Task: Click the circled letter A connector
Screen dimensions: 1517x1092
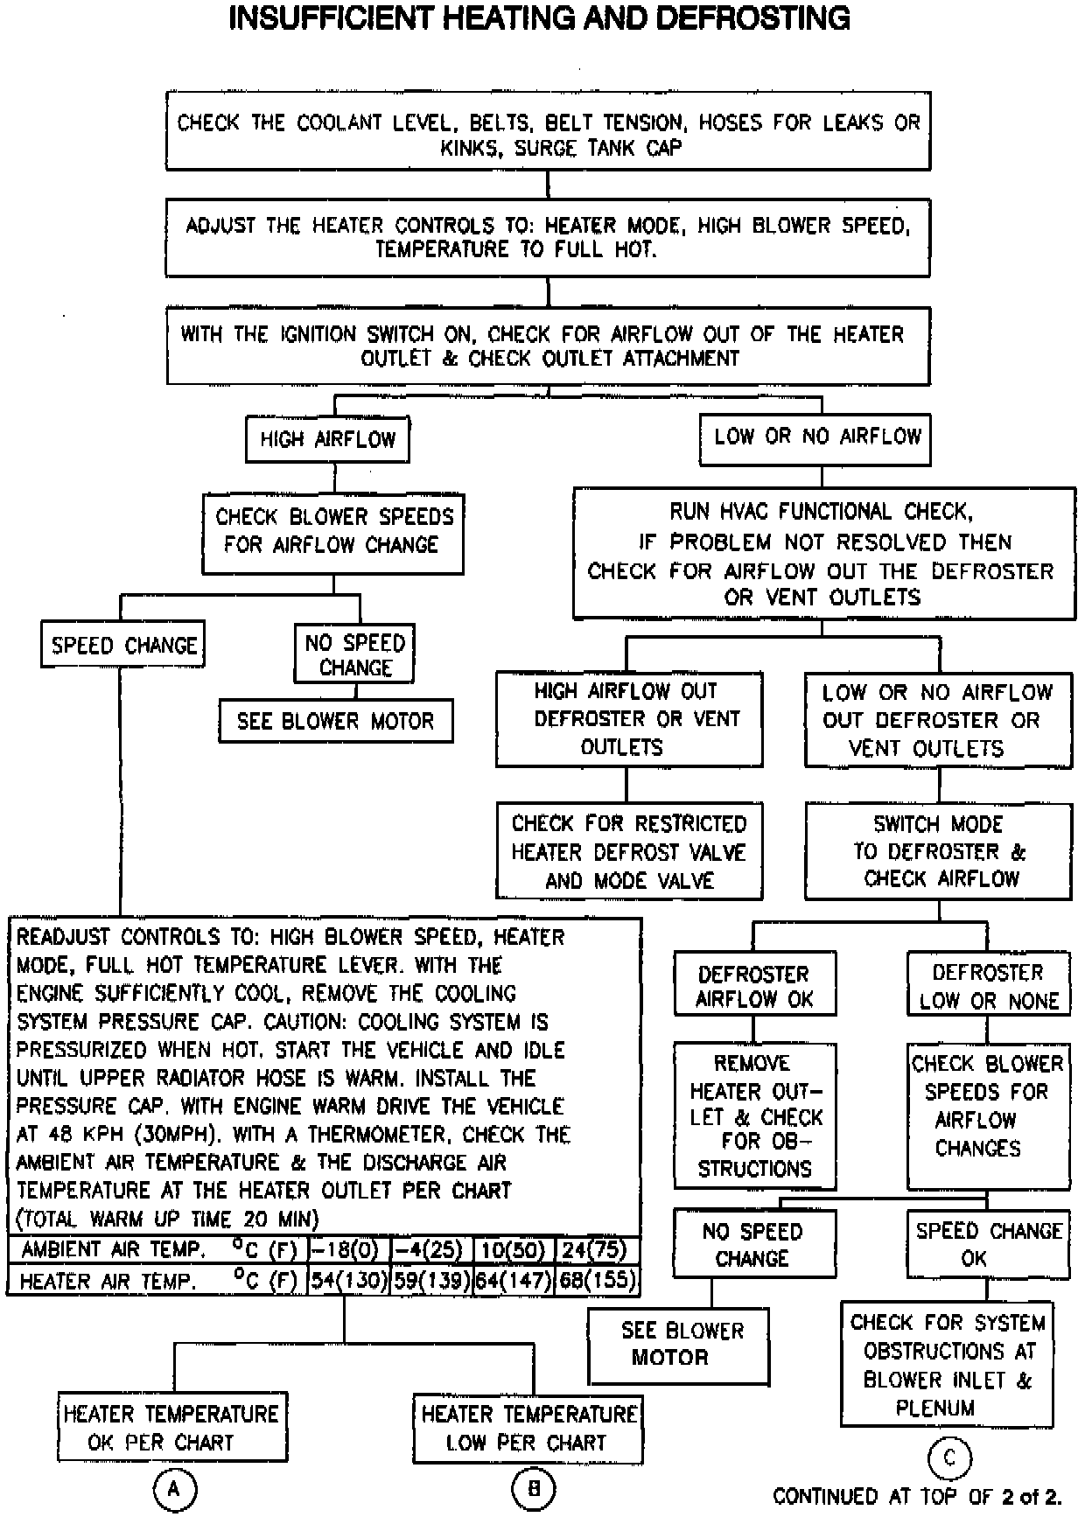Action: point(173,1488)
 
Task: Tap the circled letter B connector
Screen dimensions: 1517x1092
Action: point(534,1488)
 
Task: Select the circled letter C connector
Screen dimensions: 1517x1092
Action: point(949,1458)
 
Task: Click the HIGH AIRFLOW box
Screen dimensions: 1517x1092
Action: point(328,439)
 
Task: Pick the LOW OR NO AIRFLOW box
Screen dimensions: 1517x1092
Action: point(815,437)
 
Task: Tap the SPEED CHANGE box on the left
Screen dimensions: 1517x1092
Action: point(123,646)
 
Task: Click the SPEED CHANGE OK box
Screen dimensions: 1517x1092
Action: point(988,1244)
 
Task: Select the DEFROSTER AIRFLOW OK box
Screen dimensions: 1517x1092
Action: point(754,987)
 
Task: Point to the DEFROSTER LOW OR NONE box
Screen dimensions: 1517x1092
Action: point(988,986)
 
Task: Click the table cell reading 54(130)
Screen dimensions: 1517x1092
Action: point(348,1281)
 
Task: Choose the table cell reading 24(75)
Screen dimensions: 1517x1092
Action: point(598,1249)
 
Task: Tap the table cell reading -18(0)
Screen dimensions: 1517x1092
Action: point(348,1249)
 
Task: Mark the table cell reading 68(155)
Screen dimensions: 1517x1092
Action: point(598,1281)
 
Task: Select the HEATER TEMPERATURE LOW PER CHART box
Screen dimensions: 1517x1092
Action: point(528,1428)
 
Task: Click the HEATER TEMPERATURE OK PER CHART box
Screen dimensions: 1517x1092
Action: point(171,1428)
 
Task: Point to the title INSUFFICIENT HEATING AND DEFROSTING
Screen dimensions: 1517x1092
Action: point(539,19)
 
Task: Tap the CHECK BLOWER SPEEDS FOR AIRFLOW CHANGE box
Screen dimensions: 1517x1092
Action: point(333,531)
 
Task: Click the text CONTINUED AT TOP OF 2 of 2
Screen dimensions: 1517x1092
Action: point(917,1497)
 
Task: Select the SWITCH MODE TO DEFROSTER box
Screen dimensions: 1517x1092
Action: point(938,851)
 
